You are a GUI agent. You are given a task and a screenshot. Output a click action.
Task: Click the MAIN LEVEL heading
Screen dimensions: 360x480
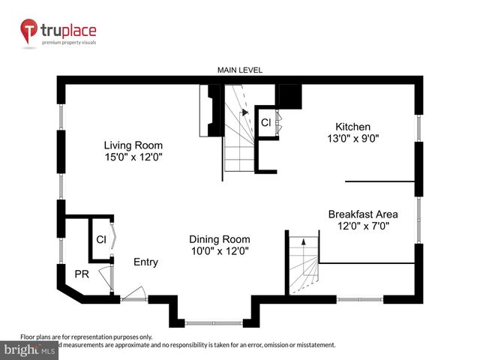[x=239, y=70]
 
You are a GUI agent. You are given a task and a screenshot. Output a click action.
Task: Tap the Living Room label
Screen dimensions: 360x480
[x=133, y=145]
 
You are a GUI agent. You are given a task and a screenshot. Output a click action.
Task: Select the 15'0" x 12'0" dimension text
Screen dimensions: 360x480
[x=133, y=157]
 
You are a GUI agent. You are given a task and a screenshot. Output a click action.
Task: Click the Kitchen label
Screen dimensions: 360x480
[x=352, y=127]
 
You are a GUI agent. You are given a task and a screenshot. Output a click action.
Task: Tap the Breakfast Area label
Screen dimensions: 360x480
[x=362, y=214]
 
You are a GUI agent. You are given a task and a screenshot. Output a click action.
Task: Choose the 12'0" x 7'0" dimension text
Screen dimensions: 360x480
[x=362, y=225]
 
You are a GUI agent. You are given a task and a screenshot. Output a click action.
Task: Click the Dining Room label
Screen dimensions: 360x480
[x=219, y=239]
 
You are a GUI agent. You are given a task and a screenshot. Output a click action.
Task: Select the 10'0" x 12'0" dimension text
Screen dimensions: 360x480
[x=219, y=250]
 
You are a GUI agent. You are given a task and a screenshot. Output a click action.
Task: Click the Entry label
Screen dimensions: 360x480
[x=145, y=262]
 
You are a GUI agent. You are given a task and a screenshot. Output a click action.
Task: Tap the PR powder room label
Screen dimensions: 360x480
[x=81, y=274]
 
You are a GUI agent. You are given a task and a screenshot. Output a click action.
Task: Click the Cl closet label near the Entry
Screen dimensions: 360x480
[x=100, y=240]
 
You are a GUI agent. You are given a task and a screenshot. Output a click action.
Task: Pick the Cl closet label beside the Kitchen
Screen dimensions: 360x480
[x=265, y=122]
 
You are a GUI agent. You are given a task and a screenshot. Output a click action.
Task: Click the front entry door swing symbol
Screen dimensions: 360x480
[x=133, y=293]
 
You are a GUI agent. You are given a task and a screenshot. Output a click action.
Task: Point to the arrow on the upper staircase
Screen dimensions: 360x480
[x=243, y=112]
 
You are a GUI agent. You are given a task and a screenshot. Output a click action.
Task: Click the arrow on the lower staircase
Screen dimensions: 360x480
[x=303, y=241]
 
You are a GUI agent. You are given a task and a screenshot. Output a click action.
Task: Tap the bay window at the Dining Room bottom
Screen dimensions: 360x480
[x=214, y=323]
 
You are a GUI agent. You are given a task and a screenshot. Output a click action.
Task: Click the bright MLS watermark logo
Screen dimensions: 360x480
[x=30, y=349]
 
